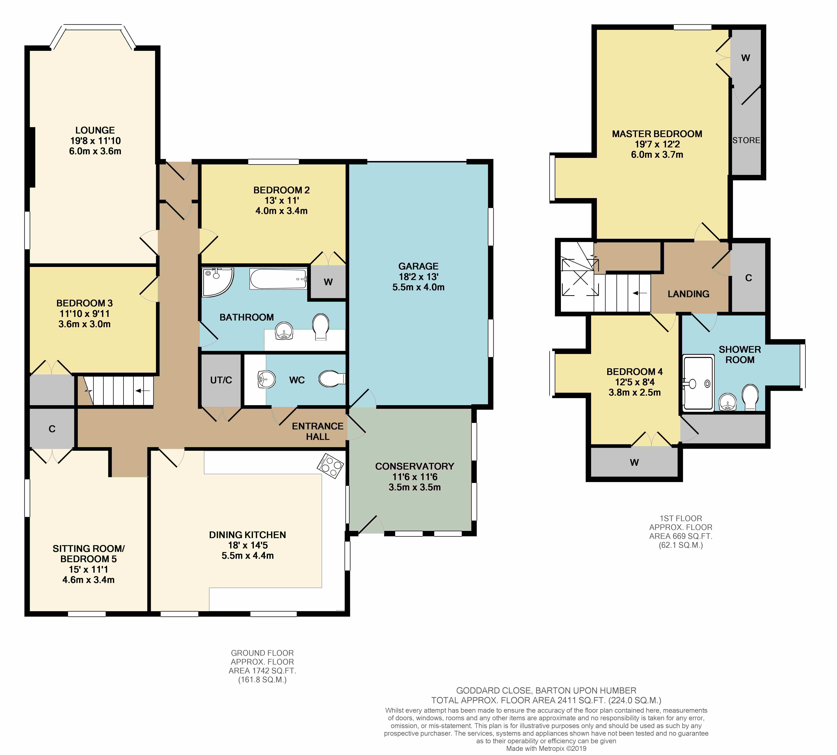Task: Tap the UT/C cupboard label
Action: point(221,380)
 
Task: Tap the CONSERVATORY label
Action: point(415,466)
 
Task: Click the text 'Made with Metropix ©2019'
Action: point(546,748)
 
